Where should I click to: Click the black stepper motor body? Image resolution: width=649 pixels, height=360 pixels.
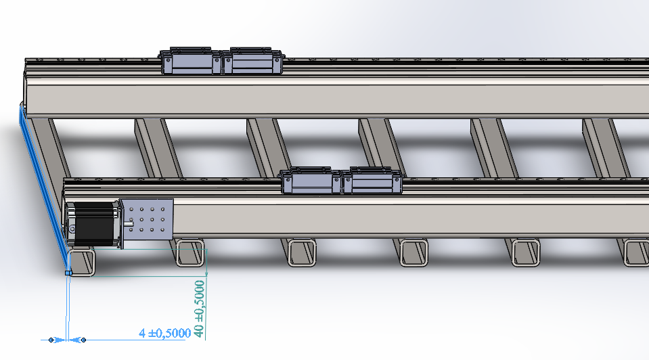coord(94,223)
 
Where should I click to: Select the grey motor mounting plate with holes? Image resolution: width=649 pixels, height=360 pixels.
coord(148,219)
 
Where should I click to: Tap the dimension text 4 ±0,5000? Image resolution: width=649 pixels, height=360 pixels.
coord(164,333)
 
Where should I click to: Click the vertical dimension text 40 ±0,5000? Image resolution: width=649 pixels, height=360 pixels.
coord(199,309)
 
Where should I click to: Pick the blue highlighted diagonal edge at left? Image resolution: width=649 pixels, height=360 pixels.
coord(43,187)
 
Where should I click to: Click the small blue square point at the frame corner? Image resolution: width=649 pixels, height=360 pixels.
coord(69,273)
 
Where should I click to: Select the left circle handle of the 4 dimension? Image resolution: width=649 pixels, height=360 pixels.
coord(51,340)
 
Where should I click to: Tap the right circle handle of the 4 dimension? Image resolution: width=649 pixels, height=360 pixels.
coord(84,340)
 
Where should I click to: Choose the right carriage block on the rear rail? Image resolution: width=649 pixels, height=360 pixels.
coord(252,62)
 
